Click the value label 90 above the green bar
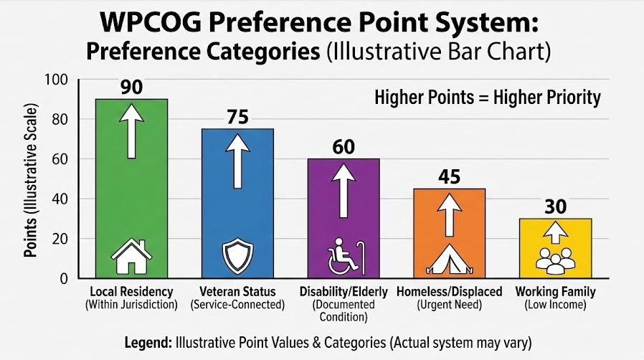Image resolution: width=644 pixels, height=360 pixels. click(x=131, y=87)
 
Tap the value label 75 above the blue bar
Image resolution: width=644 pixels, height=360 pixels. click(x=237, y=117)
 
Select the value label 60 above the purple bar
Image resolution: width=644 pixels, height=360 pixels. click(x=344, y=147)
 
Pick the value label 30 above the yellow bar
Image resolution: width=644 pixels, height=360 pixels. click(x=556, y=207)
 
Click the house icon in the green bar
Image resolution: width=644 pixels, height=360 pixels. click(x=131, y=257)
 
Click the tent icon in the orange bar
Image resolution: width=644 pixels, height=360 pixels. click(x=450, y=260)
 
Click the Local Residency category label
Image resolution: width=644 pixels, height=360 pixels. click(x=131, y=293)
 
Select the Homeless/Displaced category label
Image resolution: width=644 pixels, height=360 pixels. click(x=450, y=293)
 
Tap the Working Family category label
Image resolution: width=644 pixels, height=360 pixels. click(x=556, y=293)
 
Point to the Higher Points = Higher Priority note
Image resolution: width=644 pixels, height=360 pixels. click(x=488, y=98)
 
